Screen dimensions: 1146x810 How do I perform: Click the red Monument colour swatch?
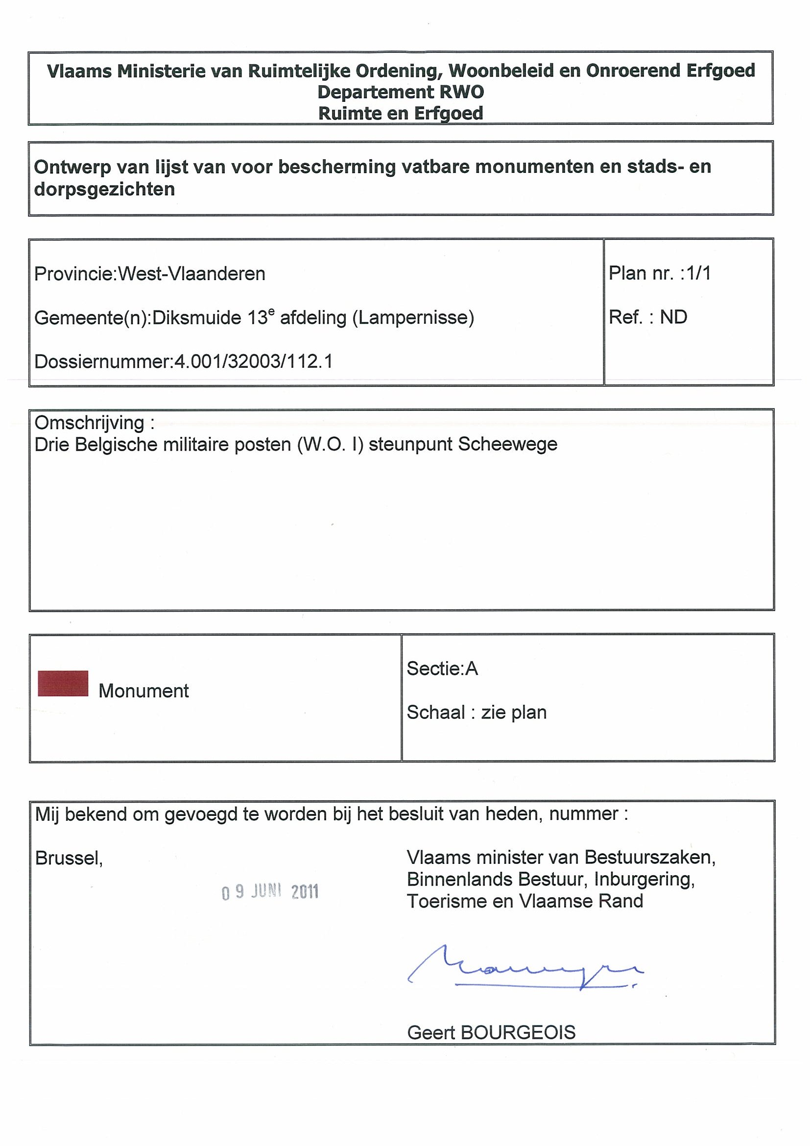[63, 683]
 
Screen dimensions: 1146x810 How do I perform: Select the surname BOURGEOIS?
[518, 1032]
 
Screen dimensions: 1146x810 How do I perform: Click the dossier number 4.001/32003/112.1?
[253, 361]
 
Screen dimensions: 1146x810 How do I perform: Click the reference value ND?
[673, 317]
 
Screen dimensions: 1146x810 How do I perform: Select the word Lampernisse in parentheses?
[413, 317]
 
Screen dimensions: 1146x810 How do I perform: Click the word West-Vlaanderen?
[191, 274]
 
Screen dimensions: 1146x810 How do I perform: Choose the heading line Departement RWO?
[401, 93]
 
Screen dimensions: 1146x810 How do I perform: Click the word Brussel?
[69, 858]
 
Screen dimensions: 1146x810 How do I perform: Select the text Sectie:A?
[442, 668]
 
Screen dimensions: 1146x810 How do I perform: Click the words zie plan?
[514, 712]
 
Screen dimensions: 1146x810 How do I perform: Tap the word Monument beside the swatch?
[144, 691]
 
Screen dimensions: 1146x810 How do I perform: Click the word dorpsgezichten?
[104, 190]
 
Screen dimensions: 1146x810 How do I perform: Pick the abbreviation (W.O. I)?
[330, 444]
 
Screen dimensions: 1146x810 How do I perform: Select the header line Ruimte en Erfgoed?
[401, 114]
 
